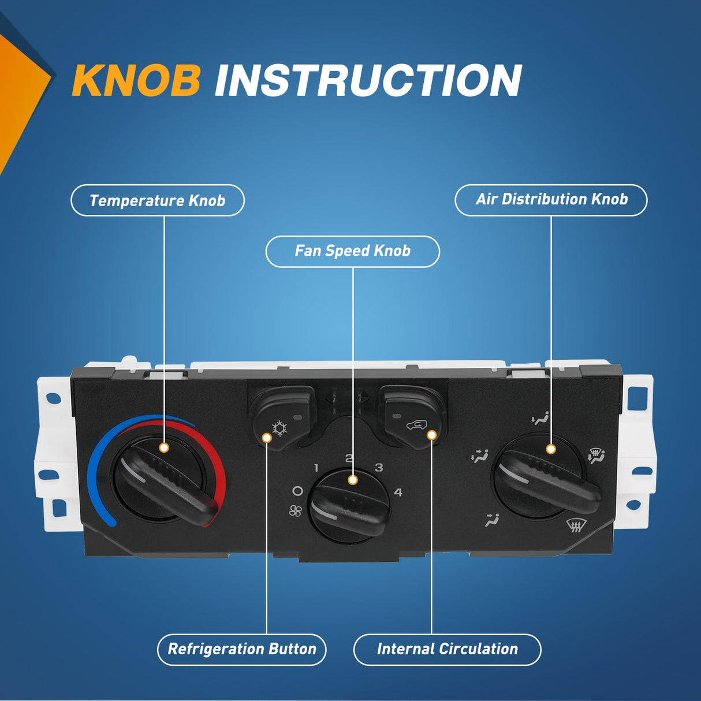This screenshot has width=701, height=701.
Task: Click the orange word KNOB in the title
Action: click(136, 80)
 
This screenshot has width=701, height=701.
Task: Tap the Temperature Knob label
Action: click(158, 200)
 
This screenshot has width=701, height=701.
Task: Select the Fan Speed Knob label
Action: click(352, 251)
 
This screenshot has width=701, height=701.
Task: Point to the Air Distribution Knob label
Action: click(551, 200)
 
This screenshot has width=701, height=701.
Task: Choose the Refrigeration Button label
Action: click(241, 650)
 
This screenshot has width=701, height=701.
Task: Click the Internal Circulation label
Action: click(447, 650)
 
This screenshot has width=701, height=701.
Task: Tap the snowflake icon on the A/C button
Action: click(280, 428)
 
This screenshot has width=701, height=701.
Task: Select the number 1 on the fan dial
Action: click(316, 468)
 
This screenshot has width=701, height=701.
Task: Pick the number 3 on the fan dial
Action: click(379, 467)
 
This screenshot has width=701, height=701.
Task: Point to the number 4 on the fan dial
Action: click(398, 493)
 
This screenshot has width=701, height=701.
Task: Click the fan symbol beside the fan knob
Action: click(296, 511)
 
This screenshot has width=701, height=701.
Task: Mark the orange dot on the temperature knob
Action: click(164, 448)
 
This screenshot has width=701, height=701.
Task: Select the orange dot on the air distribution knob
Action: click(551, 450)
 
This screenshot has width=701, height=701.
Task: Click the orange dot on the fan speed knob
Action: click(352, 480)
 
